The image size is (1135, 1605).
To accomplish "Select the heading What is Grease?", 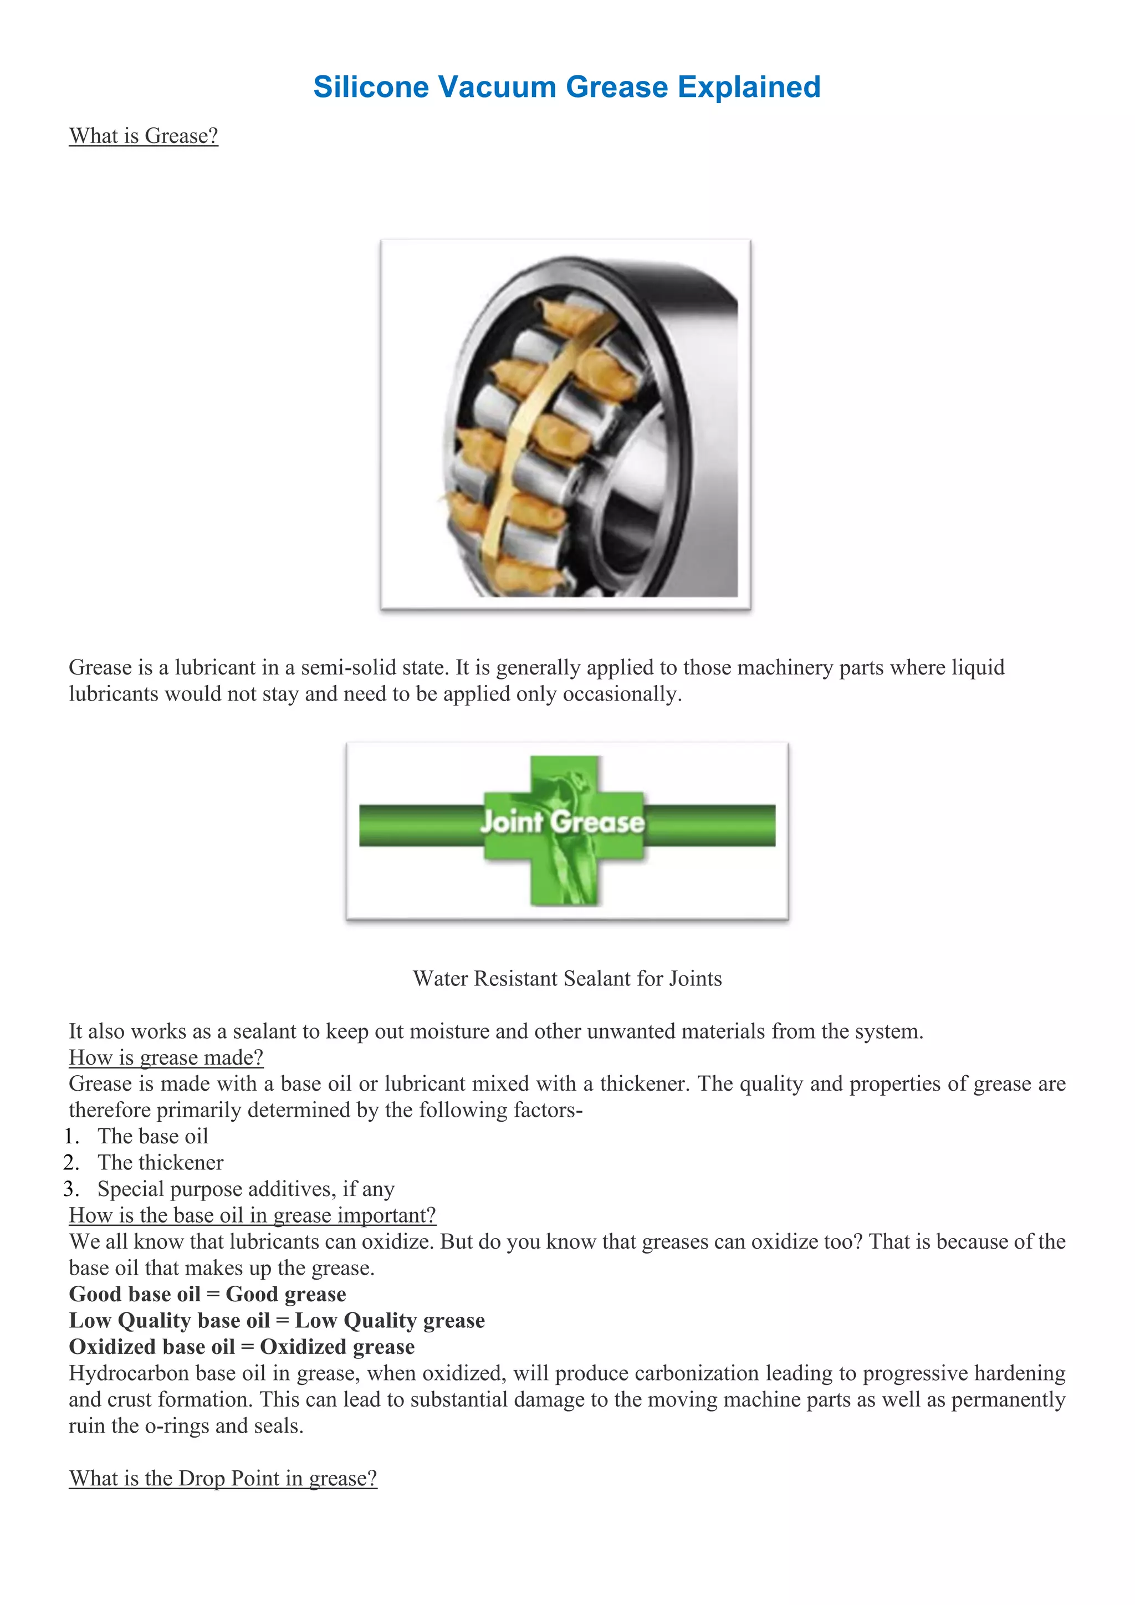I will (144, 136).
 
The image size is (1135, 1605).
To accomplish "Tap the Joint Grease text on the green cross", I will (562, 822).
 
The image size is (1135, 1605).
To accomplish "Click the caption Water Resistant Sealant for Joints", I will (567, 978).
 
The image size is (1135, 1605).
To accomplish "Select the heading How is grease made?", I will (166, 1057).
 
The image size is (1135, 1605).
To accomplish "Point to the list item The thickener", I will (160, 1163).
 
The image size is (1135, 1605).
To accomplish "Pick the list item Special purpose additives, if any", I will (246, 1189).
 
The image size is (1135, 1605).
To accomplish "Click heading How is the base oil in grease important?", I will (252, 1215).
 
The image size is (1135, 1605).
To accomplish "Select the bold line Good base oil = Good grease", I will (207, 1294).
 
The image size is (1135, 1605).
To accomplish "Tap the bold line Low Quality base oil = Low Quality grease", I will (276, 1321).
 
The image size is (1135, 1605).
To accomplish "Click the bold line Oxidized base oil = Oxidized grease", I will (241, 1347).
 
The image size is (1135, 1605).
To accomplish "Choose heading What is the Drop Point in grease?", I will (222, 1479).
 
